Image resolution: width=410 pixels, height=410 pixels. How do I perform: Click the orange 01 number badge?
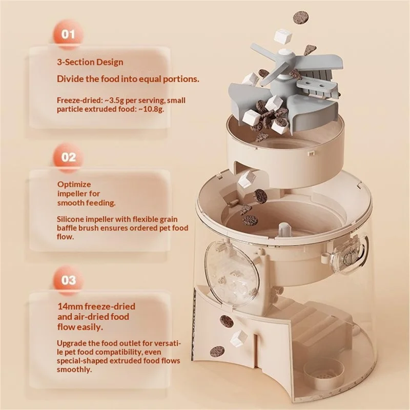[68, 34]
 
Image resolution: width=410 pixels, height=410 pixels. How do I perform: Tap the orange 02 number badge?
[69, 157]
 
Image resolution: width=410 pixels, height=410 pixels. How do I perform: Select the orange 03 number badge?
[69, 280]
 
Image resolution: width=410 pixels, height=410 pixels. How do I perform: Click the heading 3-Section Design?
[90, 62]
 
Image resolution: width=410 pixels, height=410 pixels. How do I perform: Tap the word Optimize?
[74, 184]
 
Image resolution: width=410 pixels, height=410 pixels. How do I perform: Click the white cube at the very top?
[283, 36]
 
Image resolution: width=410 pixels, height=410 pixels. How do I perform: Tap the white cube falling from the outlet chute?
[239, 338]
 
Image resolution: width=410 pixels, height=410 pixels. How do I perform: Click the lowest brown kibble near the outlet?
[217, 352]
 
